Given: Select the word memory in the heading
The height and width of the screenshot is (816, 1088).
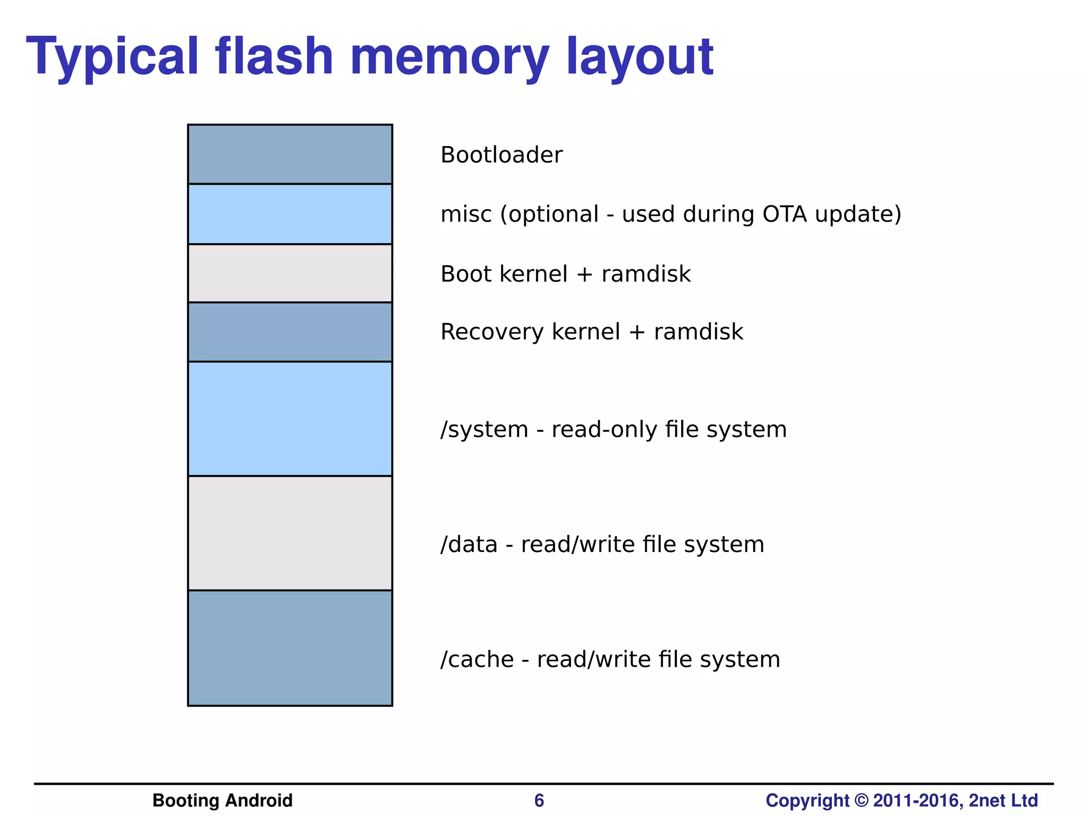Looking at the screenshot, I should click(449, 56).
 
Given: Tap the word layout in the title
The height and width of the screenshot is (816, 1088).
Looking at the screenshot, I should click(640, 56).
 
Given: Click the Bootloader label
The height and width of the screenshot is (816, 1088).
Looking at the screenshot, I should click(501, 155).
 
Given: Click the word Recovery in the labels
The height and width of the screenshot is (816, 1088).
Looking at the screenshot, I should click(492, 332).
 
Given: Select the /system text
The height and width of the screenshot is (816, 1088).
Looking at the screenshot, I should click(484, 429).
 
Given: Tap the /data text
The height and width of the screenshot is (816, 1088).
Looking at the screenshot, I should click(469, 545).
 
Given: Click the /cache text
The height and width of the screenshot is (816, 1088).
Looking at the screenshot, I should click(477, 659).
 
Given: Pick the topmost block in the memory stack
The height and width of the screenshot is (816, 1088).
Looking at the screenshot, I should click(290, 155).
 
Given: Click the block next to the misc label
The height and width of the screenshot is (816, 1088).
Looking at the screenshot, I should click(290, 214).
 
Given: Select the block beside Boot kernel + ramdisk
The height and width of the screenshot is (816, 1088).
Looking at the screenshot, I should click(290, 273).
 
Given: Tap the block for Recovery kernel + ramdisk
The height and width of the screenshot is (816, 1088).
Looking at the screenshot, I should click(290, 332).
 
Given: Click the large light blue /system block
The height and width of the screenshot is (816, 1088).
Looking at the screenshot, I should click(290, 419).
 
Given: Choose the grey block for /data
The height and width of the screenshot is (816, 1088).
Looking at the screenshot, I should click(290, 533).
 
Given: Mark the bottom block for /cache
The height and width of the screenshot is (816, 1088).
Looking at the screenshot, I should click(290, 648).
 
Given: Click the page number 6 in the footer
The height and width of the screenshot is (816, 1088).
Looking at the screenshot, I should click(539, 801).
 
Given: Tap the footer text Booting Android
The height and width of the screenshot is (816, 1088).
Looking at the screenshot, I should click(222, 801).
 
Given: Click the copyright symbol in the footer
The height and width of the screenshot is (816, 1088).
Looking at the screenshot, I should click(861, 801).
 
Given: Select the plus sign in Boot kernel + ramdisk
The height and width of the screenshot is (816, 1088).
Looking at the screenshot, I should click(584, 275).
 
